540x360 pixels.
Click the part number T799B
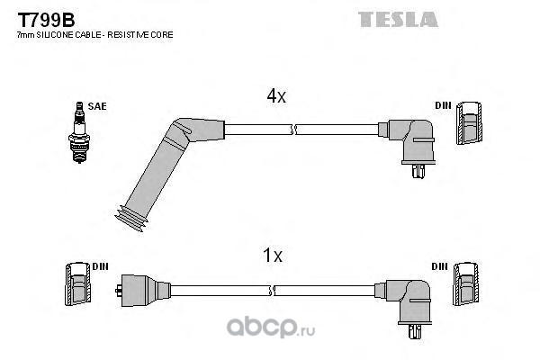pyautogui.click(x=46, y=20)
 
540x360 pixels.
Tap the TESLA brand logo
pyautogui.click(x=398, y=19)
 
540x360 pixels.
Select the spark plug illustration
pyautogui.click(x=79, y=132)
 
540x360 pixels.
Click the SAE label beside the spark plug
pyautogui.click(x=97, y=106)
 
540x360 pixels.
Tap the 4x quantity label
pyautogui.click(x=276, y=96)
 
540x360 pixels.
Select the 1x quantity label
pyautogui.click(x=273, y=256)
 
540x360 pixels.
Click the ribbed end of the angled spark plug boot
pyautogui.click(x=131, y=219)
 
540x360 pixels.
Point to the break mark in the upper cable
pyautogui.click(x=293, y=130)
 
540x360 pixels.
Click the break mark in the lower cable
pyautogui.click(x=273, y=291)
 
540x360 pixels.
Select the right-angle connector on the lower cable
pyautogui.click(x=404, y=302)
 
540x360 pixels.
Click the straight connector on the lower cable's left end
pyautogui.click(x=142, y=291)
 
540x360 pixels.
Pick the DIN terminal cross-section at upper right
pyautogui.click(x=469, y=123)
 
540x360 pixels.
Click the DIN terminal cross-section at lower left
pyautogui.click(x=77, y=283)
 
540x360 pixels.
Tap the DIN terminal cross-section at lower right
pyautogui.click(x=465, y=283)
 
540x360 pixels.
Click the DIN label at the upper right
pyautogui.click(x=443, y=105)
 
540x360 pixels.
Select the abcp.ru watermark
pyautogui.click(x=271, y=327)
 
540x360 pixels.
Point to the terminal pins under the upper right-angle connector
pyautogui.click(x=418, y=171)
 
